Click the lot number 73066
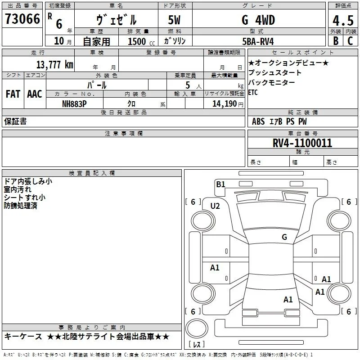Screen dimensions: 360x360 click(x=22, y=18)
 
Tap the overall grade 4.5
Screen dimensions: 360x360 click(x=343, y=20)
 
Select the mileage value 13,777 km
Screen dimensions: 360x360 click(x=55, y=64)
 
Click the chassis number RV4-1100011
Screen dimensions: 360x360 click(x=302, y=143)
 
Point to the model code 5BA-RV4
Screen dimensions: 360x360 click(x=258, y=41)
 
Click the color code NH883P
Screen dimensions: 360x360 click(x=74, y=104)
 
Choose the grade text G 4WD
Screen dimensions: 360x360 click(x=258, y=20)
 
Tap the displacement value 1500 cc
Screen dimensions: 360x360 click(x=141, y=41)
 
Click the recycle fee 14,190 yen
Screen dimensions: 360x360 click(x=228, y=104)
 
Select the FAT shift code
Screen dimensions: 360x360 click(x=13, y=94)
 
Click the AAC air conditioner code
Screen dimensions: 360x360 click(x=35, y=94)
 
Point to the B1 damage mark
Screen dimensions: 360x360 click(x=220, y=184)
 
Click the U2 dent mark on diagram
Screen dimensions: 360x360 click(x=215, y=206)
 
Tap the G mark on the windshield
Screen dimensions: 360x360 click(x=284, y=237)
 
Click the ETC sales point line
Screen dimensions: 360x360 click(x=253, y=92)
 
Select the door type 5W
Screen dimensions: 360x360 click(x=174, y=20)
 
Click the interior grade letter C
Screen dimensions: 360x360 click(x=350, y=41)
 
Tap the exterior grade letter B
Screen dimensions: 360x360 click(x=336, y=41)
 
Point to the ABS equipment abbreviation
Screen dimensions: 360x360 click(x=258, y=121)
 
